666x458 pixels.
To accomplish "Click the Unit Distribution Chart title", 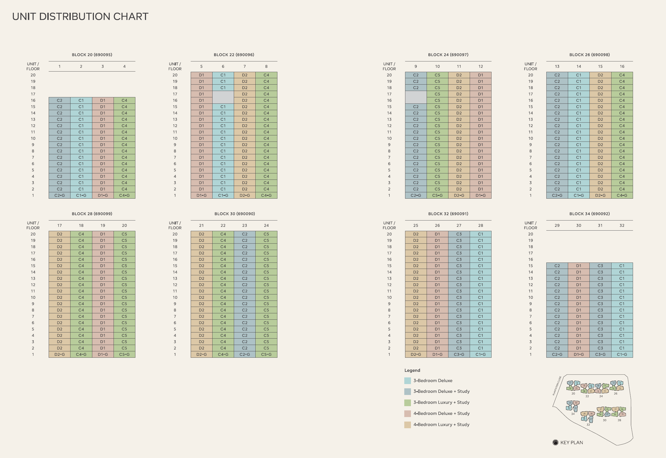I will tap(80, 17).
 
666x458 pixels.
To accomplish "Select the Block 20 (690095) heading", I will tap(92, 55).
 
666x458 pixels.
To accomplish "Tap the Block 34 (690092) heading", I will tap(589, 214).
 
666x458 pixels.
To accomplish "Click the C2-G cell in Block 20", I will tap(59, 195).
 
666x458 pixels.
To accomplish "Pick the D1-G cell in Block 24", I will tap(480, 195).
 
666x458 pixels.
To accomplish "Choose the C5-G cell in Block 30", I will tap(266, 354).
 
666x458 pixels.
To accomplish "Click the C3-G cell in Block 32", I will tap(459, 354).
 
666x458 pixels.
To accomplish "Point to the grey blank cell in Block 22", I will tap(223, 97).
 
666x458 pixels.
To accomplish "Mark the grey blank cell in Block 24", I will tap(415, 97).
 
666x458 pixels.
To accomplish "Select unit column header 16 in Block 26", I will tap(622, 66).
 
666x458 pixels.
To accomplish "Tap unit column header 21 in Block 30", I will tap(201, 226).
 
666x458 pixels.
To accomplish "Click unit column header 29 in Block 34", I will tap(557, 226).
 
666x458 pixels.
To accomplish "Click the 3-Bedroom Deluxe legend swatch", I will tap(407, 381).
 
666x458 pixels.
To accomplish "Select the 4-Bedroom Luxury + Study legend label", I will tap(441, 424).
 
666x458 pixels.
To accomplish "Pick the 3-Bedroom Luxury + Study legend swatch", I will tap(407, 403).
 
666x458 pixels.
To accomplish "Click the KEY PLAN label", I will tap(572, 443).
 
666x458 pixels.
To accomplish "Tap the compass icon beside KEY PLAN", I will tap(556, 443).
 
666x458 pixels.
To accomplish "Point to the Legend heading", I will tap(412, 370).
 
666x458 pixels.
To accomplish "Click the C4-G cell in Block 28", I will tap(81, 354).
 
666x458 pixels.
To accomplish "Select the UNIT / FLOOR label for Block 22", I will tap(175, 66).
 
